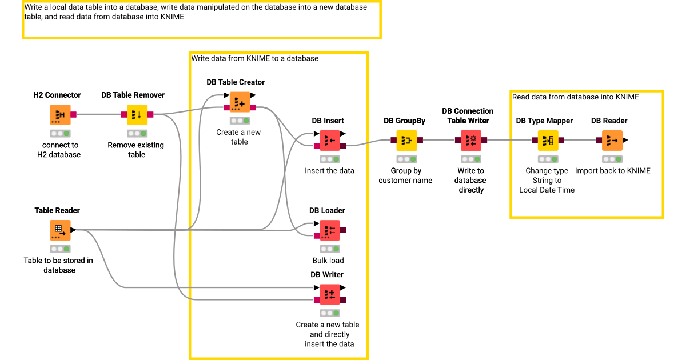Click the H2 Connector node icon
tap(60, 114)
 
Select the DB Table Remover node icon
tap(137, 114)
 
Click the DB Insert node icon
tap(329, 140)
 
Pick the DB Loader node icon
tap(329, 230)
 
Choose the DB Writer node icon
tap(329, 294)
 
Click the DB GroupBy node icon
tap(406, 140)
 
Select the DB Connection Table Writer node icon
tap(471, 140)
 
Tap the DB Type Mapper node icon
tap(547, 140)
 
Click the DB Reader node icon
tap(612, 140)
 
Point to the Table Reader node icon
tap(60, 230)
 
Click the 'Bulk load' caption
tap(328, 261)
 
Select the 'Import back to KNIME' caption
tap(612, 170)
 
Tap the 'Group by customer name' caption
tap(405, 175)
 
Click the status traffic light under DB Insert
tap(329, 159)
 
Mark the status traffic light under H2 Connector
tap(59, 134)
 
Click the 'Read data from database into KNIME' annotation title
tap(575, 97)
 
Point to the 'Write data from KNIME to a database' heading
tap(254, 58)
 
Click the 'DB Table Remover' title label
tap(133, 95)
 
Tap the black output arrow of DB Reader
tap(625, 140)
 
